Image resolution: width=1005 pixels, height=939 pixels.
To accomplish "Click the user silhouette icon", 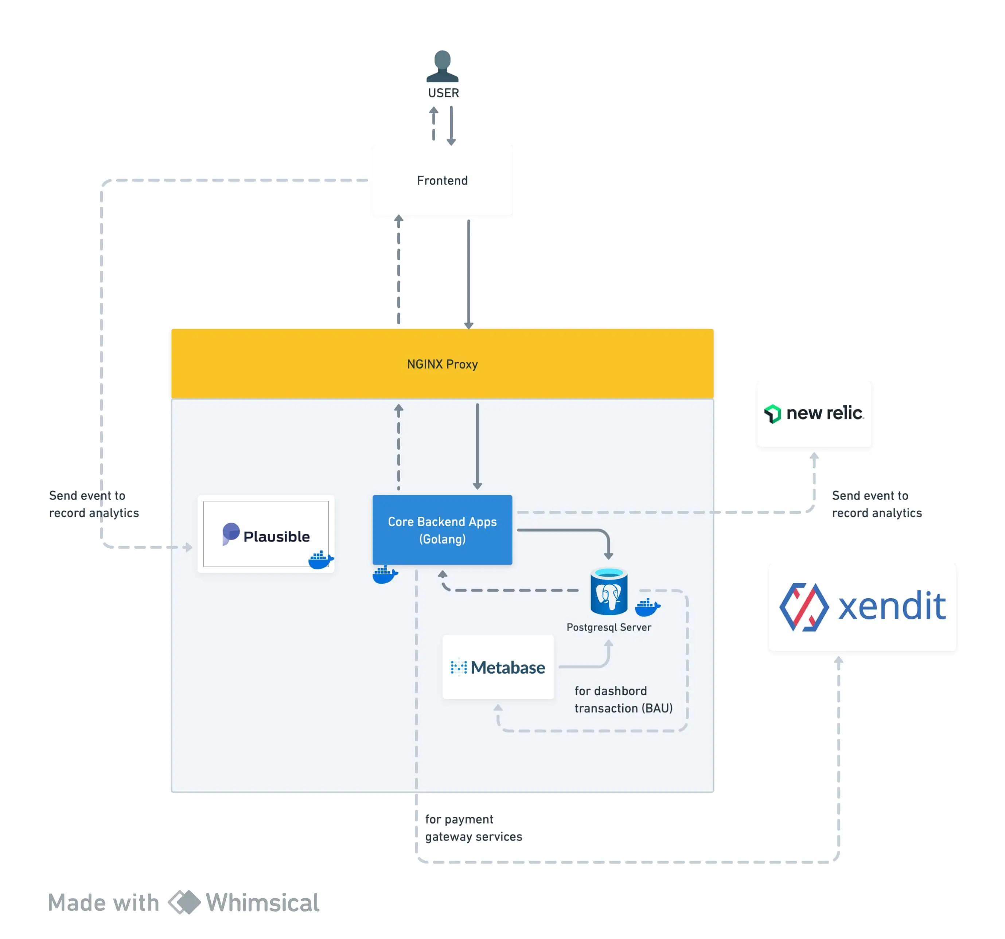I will coord(442,66).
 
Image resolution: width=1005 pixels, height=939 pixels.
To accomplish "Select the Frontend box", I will coord(442,180).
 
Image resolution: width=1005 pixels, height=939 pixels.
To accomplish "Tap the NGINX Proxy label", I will coord(442,364).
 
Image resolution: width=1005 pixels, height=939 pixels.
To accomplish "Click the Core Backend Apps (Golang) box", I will coord(442,530).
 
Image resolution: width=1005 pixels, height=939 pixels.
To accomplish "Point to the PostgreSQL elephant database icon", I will coord(609,592).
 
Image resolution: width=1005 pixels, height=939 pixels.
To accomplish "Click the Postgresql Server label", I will coord(609,627).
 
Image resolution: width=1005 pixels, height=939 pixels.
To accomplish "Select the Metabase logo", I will coord(498,667).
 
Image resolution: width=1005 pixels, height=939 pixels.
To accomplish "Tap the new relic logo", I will coord(814,414).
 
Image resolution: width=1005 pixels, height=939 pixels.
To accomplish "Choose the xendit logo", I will coord(862,607).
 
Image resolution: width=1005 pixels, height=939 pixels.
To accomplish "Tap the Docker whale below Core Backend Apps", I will coord(385,574).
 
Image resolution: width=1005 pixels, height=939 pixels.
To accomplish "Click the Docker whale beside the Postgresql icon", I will coord(647,607).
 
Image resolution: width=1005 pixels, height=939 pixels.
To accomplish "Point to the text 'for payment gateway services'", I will coord(473,828).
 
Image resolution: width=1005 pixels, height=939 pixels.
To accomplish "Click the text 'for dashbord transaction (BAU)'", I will coord(623,699).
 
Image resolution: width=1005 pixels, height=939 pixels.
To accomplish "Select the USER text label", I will coord(443,93).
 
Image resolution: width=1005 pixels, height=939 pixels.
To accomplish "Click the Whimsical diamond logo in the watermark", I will coord(184,902).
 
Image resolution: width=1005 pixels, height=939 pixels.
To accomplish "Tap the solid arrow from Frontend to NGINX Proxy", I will coord(469,273).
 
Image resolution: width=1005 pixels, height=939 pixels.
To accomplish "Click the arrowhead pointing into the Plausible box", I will coord(188,547).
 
